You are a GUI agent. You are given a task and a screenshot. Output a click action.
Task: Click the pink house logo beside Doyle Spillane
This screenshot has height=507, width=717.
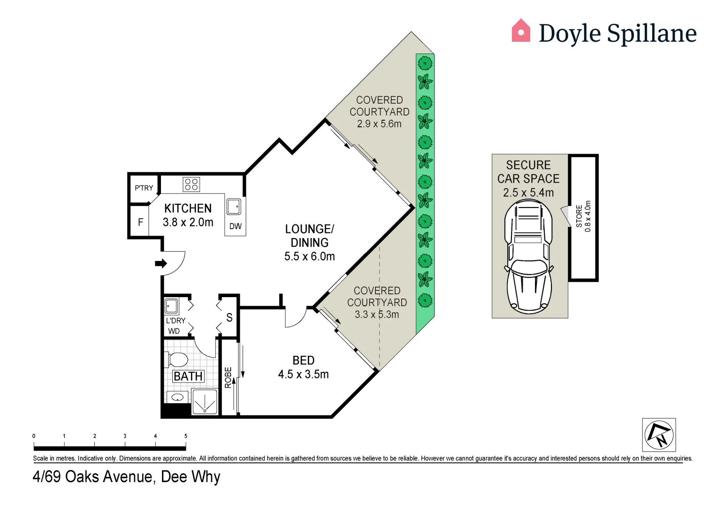520,31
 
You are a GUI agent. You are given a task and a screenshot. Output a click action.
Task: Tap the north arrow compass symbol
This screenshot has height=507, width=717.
659,435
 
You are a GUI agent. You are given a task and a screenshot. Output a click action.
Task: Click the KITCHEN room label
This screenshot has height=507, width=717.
188,208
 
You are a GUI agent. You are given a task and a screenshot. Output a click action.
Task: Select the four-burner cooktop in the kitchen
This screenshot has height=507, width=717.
191,184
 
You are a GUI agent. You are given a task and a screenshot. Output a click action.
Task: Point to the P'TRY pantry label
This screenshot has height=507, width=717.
144,188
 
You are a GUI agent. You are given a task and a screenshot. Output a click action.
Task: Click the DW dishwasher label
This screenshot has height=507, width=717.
235,226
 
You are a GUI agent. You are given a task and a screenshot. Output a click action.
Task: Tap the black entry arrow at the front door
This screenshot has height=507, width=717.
161,263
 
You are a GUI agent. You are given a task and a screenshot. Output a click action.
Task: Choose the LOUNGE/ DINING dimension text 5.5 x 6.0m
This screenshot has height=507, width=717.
309,256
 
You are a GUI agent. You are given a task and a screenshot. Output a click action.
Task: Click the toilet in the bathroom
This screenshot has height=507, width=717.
177,360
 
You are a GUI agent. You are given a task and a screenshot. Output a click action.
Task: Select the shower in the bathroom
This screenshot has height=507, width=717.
205,402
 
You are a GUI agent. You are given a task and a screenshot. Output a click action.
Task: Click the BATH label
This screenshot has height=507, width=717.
188,376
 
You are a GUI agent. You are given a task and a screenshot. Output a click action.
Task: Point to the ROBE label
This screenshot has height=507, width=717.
228,377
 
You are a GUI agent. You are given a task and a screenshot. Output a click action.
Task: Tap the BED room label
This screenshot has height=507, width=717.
303,361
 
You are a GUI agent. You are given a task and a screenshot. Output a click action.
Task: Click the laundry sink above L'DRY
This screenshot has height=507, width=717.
171,306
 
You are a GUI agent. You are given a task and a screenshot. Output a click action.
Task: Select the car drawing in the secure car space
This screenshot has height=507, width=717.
528,257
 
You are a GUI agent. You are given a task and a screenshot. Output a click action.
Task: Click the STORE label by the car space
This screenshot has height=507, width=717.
579,216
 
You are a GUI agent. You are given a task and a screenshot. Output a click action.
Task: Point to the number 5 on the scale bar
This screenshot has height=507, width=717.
186,436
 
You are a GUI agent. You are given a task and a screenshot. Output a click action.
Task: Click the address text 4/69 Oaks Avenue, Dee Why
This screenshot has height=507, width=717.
126,476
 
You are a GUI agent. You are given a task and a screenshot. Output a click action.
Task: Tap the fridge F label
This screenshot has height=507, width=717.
140,222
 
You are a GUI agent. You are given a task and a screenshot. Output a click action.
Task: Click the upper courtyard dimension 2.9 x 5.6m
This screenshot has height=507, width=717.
379,124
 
